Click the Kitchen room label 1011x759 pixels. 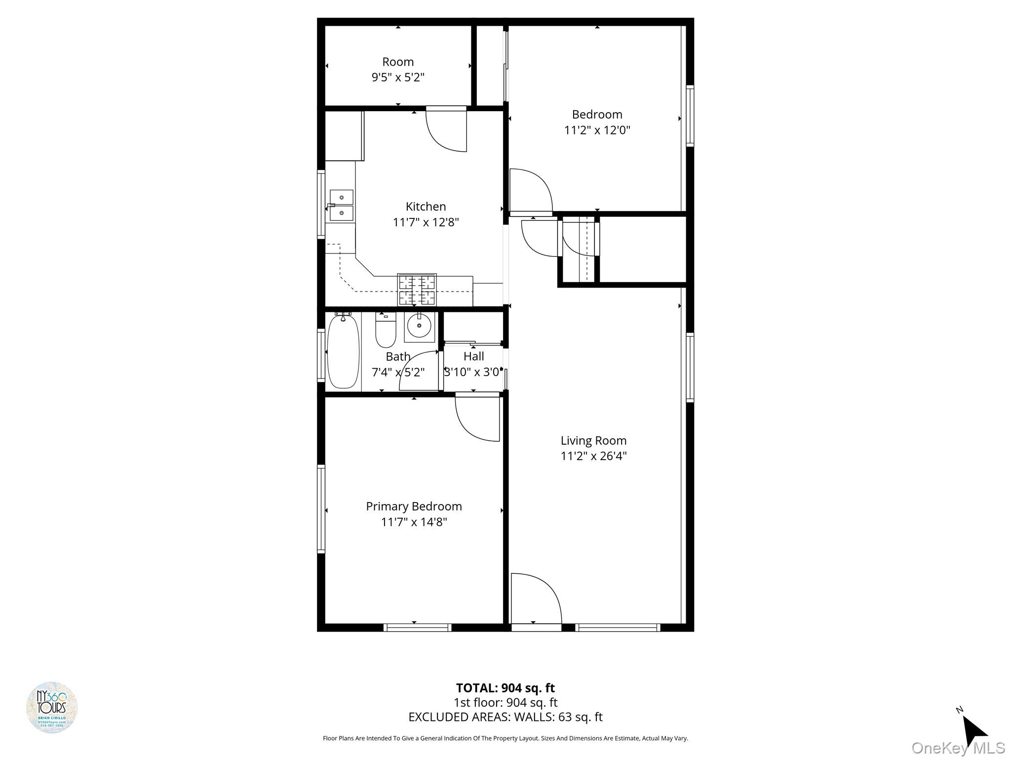(x=426, y=207)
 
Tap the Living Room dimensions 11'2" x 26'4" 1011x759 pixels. (x=593, y=456)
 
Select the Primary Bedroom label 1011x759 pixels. (x=414, y=506)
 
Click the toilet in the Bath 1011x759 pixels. (x=386, y=330)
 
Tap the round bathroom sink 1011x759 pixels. (x=419, y=327)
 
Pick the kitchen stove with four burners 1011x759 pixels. (x=417, y=290)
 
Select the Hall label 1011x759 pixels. (x=473, y=356)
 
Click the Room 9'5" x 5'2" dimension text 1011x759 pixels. (x=398, y=78)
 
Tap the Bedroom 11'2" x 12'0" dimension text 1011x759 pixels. (x=597, y=130)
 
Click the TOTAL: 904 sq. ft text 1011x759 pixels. (x=505, y=688)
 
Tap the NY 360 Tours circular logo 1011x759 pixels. (x=52, y=708)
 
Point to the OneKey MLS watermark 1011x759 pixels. (x=958, y=748)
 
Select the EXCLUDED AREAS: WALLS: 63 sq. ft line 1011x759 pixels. (x=505, y=717)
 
